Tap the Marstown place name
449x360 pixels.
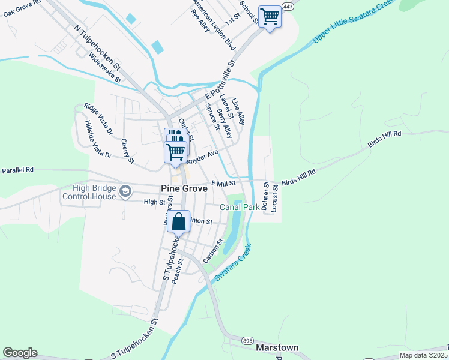[277, 347]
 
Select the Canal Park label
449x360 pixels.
[239, 207]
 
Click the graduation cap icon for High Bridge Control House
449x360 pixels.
[125, 191]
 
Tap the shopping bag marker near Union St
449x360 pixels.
[179, 222]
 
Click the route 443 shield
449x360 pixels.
[288, 6]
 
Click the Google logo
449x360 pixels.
[20, 353]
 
